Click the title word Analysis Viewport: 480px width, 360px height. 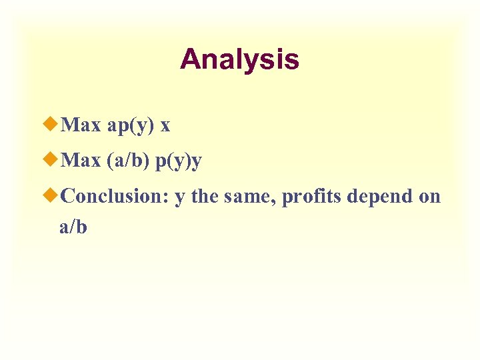239,59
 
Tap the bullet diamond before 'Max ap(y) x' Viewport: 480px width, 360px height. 53,124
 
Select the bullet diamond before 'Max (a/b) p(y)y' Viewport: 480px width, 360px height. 53,160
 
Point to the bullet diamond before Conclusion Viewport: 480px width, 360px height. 53,196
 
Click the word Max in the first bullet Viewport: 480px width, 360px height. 81,125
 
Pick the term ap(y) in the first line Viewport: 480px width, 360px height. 131,125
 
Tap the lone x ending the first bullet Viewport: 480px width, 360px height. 165,125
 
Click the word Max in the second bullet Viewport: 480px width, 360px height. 81,161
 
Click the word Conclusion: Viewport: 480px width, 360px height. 114,197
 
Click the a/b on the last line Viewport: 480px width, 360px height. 73,227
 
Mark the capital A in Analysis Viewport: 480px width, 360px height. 190,59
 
